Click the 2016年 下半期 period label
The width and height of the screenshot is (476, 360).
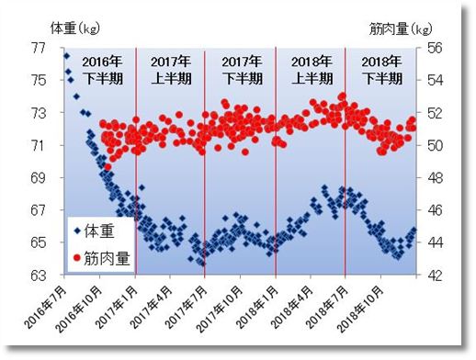point(99,70)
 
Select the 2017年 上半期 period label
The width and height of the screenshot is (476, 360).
point(170,70)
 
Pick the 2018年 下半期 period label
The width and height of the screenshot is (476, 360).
point(380,70)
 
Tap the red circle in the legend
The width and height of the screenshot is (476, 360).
point(76,257)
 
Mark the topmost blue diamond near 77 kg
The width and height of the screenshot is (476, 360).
point(66,56)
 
